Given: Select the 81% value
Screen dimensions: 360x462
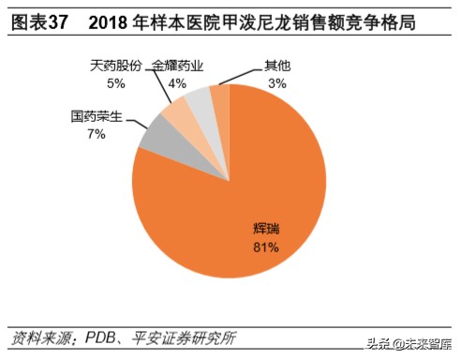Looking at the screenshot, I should (x=267, y=247).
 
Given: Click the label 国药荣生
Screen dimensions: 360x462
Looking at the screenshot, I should (x=97, y=118).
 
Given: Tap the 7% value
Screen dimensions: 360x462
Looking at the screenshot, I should (x=97, y=137).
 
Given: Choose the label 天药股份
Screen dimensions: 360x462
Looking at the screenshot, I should (x=116, y=65).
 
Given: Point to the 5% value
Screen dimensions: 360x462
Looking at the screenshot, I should (x=116, y=83).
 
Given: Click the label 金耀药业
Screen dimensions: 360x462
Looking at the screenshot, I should (x=176, y=65).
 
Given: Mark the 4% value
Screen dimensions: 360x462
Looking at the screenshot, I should (x=176, y=83).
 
